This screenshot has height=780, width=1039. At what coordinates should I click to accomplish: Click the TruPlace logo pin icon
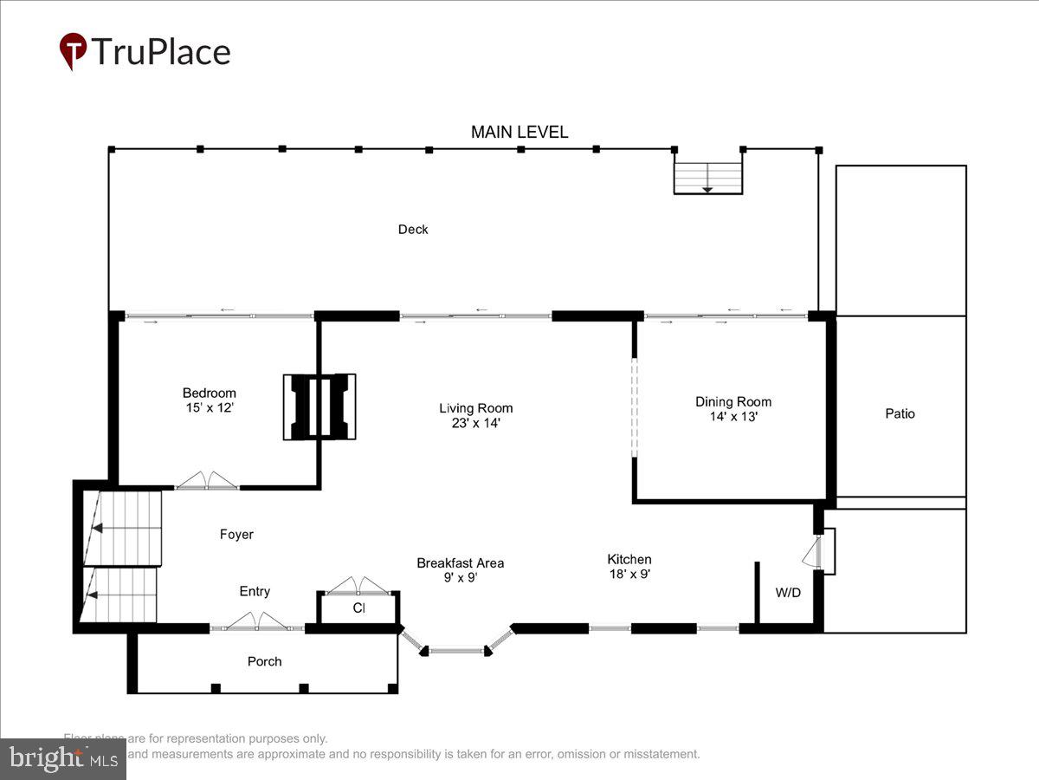73,51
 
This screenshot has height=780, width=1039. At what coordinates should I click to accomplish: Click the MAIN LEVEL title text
519,132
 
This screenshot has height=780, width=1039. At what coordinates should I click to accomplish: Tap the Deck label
413,230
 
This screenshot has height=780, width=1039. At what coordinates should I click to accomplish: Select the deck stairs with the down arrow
708,177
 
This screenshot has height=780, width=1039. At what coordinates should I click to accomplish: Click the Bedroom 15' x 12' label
209,400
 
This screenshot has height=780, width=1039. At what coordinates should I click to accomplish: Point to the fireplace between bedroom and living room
319,406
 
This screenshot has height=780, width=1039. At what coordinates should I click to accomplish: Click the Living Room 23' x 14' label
475,415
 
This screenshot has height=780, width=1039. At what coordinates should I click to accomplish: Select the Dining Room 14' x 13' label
733,408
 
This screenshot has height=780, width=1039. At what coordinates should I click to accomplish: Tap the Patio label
900,414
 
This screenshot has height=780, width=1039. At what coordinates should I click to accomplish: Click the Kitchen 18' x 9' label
629,566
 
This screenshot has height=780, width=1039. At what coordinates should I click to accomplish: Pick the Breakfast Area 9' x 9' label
460,569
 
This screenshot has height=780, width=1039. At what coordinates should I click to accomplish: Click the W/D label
787,594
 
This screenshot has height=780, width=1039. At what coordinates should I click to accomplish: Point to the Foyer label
236,535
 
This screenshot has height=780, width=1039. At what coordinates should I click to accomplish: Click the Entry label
255,591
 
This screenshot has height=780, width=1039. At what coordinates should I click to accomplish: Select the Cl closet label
358,608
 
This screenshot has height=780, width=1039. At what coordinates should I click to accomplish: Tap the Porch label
264,661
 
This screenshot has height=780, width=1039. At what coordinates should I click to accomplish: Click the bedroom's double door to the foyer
207,482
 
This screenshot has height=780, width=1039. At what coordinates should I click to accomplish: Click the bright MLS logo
62,759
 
